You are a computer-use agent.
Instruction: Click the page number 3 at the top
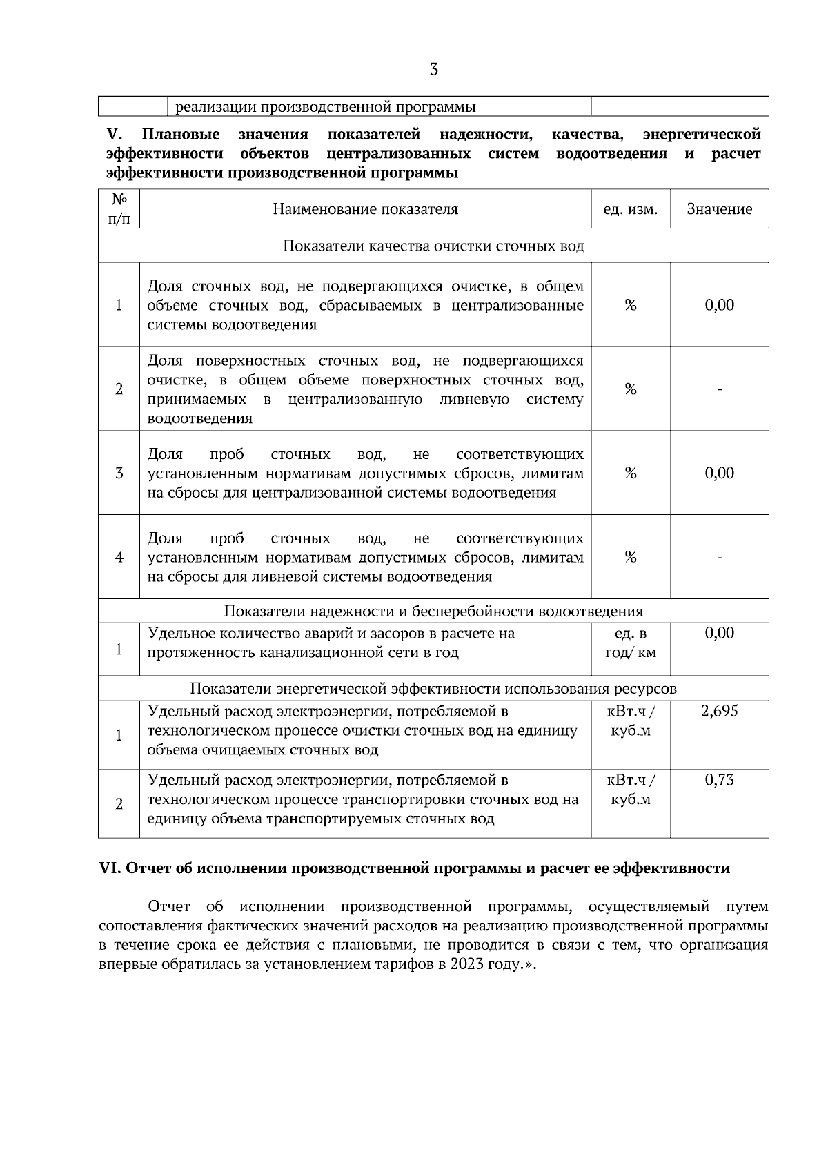[x=433, y=69]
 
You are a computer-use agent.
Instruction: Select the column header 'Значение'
[x=719, y=209]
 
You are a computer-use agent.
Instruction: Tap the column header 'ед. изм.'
[x=630, y=209]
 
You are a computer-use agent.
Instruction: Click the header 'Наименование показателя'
[x=365, y=209]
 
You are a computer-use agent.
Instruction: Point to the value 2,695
[x=719, y=711]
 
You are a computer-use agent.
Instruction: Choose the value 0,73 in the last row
[x=719, y=780]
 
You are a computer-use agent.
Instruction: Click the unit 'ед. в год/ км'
[x=630, y=643]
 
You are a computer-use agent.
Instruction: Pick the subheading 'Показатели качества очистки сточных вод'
[x=433, y=246]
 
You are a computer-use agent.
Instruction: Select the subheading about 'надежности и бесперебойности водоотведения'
[x=433, y=612]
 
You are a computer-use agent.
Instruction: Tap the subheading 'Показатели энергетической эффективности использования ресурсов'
[x=433, y=689]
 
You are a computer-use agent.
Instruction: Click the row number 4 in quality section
[x=119, y=557]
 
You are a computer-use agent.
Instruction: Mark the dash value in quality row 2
[x=719, y=390]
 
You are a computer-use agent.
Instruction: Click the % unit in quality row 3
[x=630, y=473]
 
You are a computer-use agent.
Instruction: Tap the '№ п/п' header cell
[x=119, y=209]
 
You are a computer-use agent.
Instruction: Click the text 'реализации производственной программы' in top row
[x=325, y=107]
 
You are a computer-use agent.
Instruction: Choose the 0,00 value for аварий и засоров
[x=719, y=633]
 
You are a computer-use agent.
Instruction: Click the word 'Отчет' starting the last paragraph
[x=169, y=906]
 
